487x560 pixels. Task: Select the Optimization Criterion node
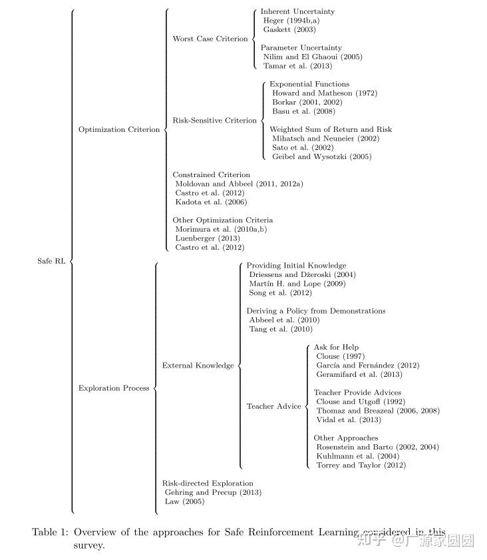tap(119, 130)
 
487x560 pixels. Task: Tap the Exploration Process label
tap(114, 388)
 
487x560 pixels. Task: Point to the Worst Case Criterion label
tap(210, 39)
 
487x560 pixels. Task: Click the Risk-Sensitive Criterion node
tap(214, 121)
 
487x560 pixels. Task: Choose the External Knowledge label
tap(198, 366)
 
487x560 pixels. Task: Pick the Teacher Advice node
tap(273, 406)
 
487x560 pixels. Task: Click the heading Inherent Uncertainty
tap(297, 11)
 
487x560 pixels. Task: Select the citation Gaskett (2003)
tap(289, 29)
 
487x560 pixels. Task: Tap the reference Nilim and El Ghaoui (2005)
tap(313, 57)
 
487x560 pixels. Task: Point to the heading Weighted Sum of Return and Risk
tap(331, 129)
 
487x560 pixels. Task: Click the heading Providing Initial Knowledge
tap(296, 266)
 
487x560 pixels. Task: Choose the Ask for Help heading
tap(336, 348)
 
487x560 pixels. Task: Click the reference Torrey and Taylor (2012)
tap(361, 465)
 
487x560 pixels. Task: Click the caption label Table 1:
tap(51, 532)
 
